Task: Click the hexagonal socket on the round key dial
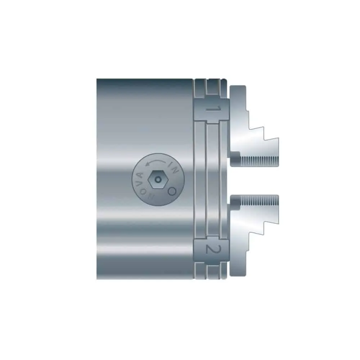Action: [158, 180]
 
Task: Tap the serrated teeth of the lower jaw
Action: [259, 201]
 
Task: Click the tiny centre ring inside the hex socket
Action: [158, 180]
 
